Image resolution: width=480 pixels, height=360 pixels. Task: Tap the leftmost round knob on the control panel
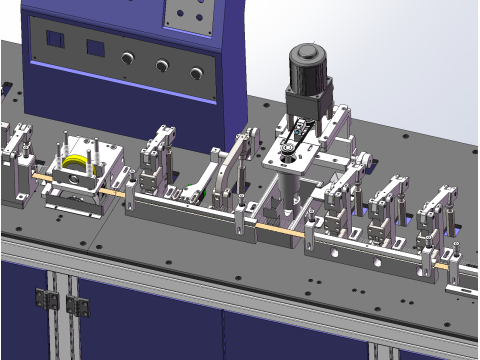[127, 59]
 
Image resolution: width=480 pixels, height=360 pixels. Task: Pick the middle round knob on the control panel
[161, 66]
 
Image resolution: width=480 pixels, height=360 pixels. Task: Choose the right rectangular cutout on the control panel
[96, 47]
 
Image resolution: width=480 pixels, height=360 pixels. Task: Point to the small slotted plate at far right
[461, 289]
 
